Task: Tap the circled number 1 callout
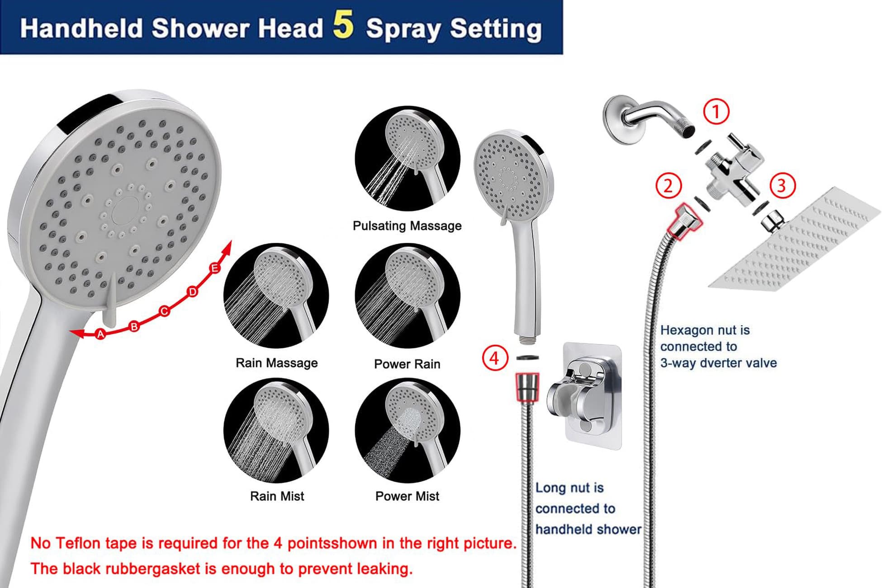[x=716, y=111]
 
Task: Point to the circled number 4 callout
[x=495, y=358]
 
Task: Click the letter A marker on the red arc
[x=100, y=334]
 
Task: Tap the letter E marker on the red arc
[x=215, y=268]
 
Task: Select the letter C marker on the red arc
[x=164, y=311]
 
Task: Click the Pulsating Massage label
[x=407, y=226]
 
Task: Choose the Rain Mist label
[x=277, y=496]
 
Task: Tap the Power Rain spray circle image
[x=408, y=296]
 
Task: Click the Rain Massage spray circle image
[x=276, y=296]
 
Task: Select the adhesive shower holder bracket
[x=586, y=396]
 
